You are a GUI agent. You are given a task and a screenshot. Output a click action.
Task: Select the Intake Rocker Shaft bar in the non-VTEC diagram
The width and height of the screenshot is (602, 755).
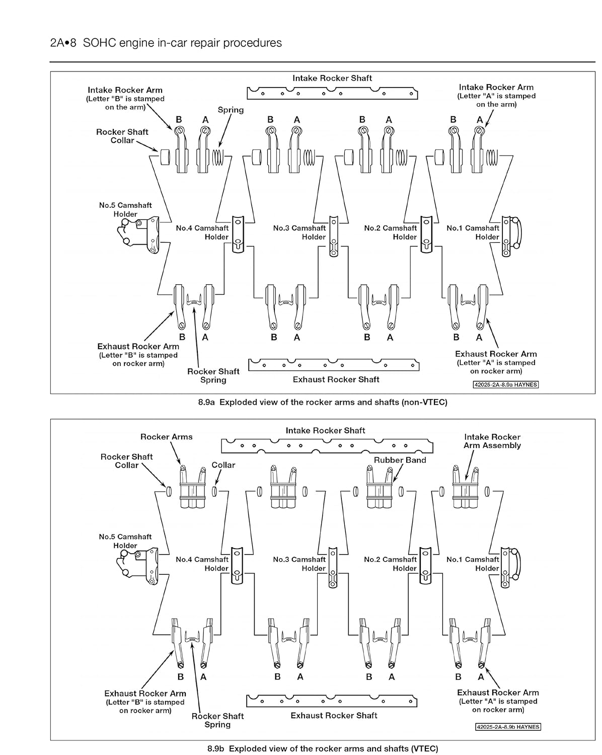coord(332,93)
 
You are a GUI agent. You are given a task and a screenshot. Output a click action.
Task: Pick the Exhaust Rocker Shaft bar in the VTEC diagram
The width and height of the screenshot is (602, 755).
coord(332,700)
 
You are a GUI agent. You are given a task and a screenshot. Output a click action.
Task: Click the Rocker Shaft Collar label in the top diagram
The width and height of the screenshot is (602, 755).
coord(122,136)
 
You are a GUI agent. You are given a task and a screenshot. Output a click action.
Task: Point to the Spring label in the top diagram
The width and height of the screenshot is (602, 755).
coord(231,110)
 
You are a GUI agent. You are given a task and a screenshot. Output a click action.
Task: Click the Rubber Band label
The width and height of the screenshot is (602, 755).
coord(400,460)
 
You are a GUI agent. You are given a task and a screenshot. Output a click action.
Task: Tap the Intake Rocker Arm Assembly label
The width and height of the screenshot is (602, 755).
coord(492,441)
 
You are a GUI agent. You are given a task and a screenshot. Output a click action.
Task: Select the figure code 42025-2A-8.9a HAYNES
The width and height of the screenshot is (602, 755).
coord(506,385)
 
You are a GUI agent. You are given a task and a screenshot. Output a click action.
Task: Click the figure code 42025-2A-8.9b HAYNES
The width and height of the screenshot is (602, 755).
coord(508,727)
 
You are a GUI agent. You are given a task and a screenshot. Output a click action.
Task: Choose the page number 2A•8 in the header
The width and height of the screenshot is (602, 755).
coord(63,43)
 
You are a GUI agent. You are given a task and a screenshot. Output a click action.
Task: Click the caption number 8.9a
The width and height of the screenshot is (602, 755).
coord(207,402)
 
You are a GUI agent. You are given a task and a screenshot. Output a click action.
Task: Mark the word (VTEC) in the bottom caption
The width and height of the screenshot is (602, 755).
coord(424,748)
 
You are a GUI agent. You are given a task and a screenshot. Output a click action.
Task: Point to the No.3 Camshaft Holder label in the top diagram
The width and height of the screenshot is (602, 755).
coord(299,232)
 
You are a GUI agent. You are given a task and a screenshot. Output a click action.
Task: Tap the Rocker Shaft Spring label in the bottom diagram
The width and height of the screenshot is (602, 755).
coord(217,720)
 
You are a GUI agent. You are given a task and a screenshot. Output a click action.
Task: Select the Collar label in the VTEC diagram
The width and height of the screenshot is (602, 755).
coord(223,465)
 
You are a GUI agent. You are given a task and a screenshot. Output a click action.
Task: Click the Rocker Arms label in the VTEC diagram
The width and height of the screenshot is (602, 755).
coord(166,437)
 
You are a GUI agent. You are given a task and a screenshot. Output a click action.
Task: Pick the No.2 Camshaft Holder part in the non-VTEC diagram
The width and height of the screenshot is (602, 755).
coord(426,234)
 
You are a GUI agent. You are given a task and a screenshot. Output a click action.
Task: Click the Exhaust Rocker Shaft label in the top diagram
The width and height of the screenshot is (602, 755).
coord(336,380)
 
